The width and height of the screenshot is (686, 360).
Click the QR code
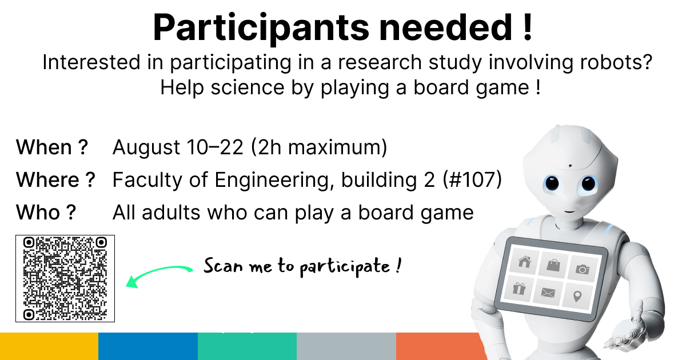(x=65, y=279)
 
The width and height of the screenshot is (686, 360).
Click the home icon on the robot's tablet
(x=524, y=262)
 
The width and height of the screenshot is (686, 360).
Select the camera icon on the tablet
(x=582, y=269)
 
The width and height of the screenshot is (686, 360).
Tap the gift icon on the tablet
(x=519, y=289)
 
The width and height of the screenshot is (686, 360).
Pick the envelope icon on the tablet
(x=548, y=293)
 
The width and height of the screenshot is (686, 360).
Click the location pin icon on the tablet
(x=577, y=297)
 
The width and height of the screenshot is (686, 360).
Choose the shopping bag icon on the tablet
(x=553, y=265)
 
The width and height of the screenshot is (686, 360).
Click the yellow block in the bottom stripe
(x=49, y=346)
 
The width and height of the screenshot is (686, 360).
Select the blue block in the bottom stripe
(x=148, y=346)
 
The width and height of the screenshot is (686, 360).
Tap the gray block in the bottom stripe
(x=346, y=346)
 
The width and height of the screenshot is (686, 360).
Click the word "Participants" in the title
(x=261, y=28)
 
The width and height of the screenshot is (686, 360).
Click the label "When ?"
(x=52, y=147)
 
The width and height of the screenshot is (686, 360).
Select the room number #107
(x=473, y=179)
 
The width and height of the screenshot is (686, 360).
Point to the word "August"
(x=146, y=148)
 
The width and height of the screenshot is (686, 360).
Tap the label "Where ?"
(x=55, y=179)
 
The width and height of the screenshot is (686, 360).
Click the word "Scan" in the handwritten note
(x=224, y=266)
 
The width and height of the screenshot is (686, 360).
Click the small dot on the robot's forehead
(x=570, y=166)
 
